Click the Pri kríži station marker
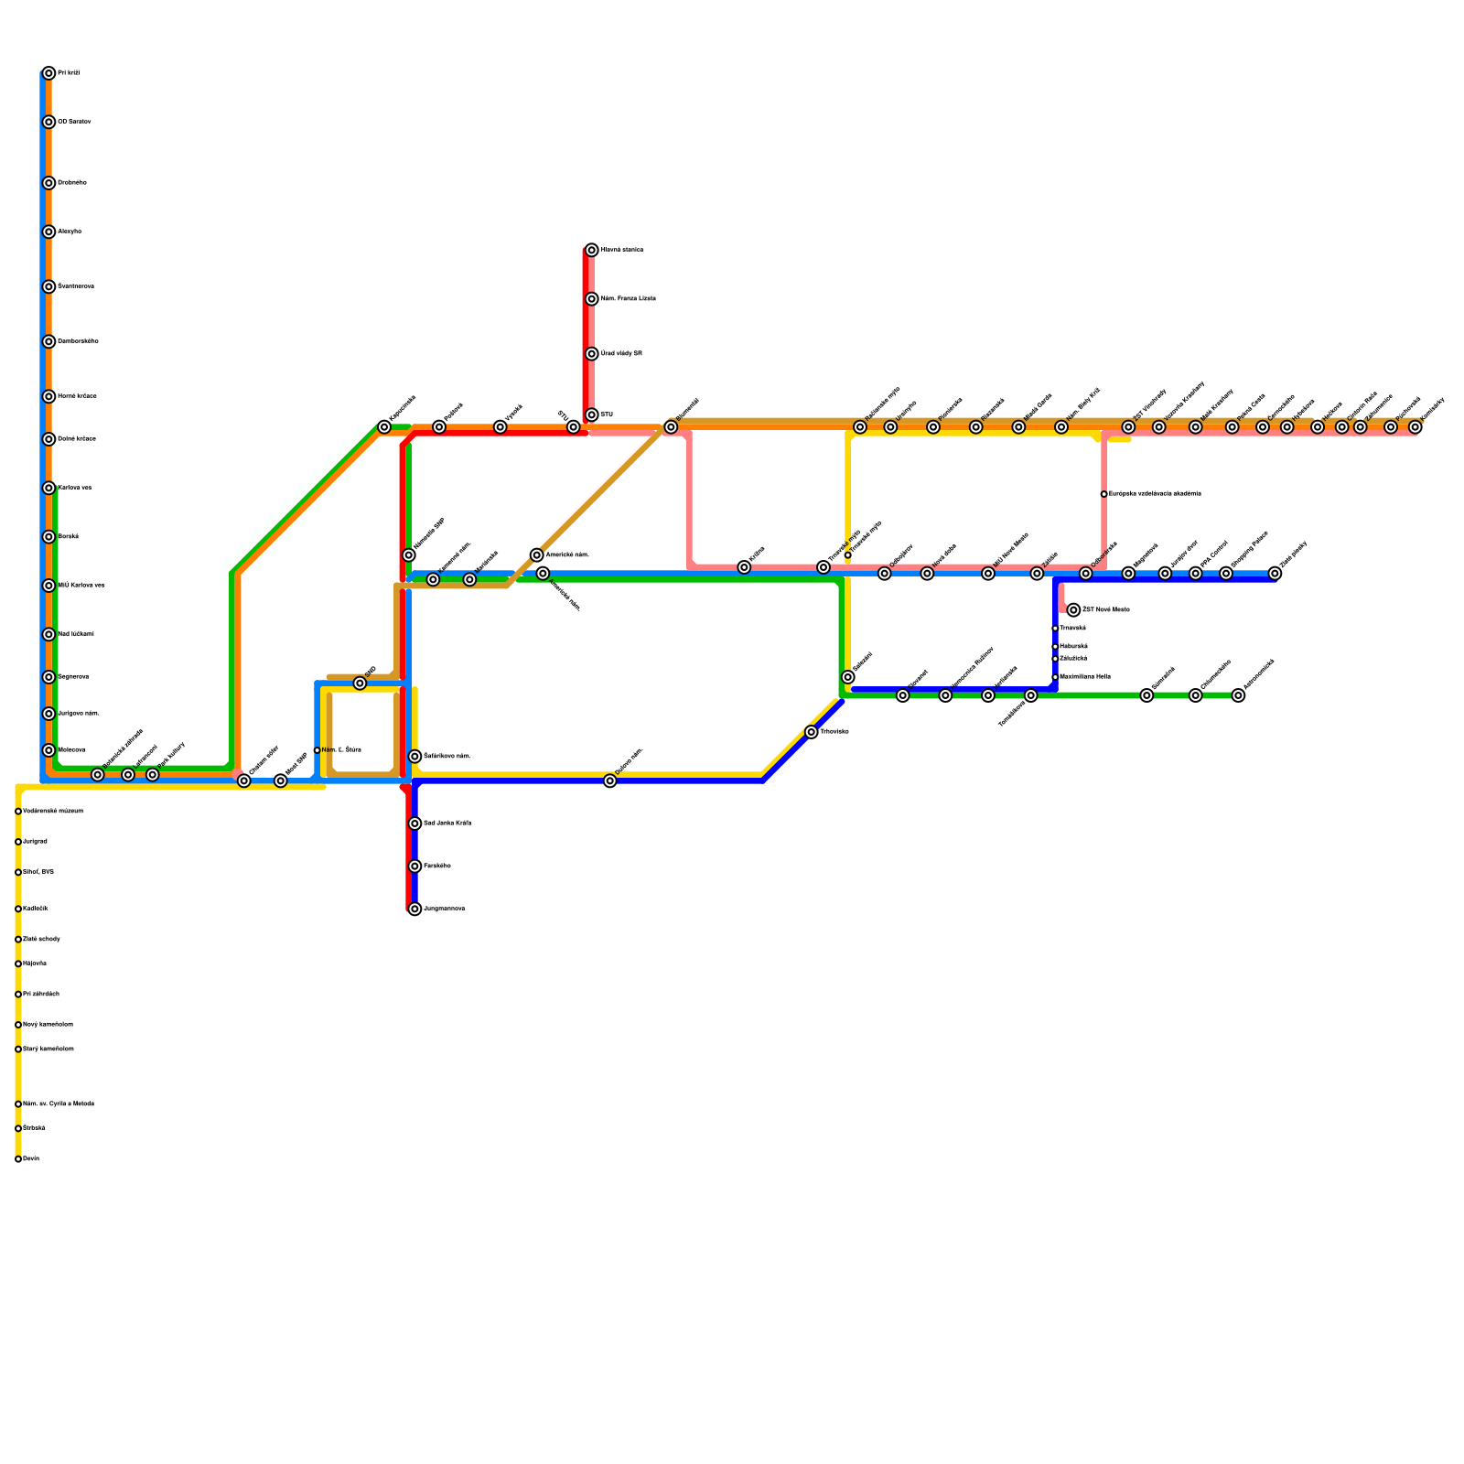pyautogui.click(x=48, y=73)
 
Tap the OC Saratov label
pyautogui.click(x=73, y=122)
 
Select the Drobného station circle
pyautogui.click(x=48, y=183)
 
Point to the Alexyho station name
pyautogui.click(x=70, y=231)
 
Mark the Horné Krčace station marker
pyautogui.click(x=48, y=396)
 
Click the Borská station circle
pyautogui.click(x=48, y=537)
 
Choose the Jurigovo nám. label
pyautogui.click(x=79, y=714)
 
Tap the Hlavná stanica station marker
pyautogui.click(x=592, y=250)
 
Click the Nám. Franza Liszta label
pyautogui.click(x=628, y=299)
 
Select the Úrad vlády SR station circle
pyautogui.click(x=592, y=354)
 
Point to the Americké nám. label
pyautogui.click(x=566, y=555)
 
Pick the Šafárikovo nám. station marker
pyautogui.click(x=414, y=757)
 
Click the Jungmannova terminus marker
pyautogui.click(x=414, y=909)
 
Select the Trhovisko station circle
pyautogui.click(x=812, y=732)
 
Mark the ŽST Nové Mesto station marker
pyautogui.click(x=1073, y=610)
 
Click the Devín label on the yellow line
pyautogui.click(x=31, y=1159)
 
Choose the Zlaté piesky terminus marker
pyautogui.click(x=1275, y=574)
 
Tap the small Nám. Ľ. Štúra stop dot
pyautogui.click(x=317, y=750)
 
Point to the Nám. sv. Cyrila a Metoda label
pyautogui.click(x=59, y=1104)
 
